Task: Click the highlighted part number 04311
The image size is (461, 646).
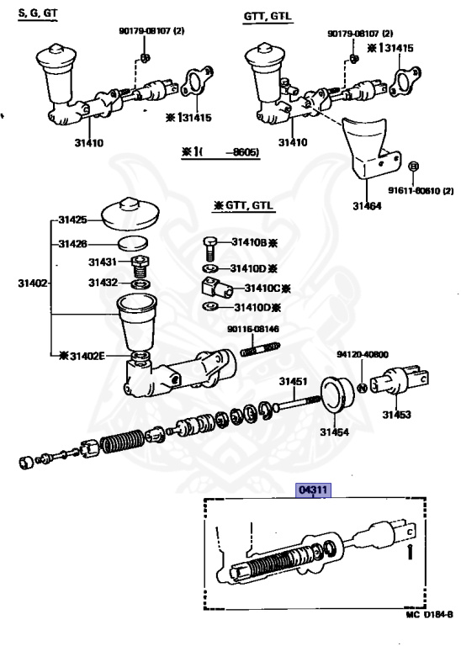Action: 314,490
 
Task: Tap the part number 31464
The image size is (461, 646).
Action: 367,205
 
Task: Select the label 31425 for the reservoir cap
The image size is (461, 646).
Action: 72,220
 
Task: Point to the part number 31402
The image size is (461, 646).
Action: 33,283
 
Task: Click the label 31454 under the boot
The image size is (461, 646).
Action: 335,432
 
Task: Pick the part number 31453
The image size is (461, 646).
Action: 397,414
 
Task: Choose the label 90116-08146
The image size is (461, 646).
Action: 253,329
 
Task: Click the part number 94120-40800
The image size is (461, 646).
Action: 363,354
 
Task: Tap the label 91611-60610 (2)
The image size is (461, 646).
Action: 421,190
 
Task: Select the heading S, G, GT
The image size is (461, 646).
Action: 38,13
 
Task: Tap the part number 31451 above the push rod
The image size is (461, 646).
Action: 294,381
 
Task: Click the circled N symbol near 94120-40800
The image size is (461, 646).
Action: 361,388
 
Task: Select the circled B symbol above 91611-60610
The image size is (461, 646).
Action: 413,166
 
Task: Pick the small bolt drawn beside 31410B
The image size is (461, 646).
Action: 210,248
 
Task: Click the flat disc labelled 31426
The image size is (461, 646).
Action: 133,243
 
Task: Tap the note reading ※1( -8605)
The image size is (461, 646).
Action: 220,152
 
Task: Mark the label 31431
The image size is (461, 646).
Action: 103,262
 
